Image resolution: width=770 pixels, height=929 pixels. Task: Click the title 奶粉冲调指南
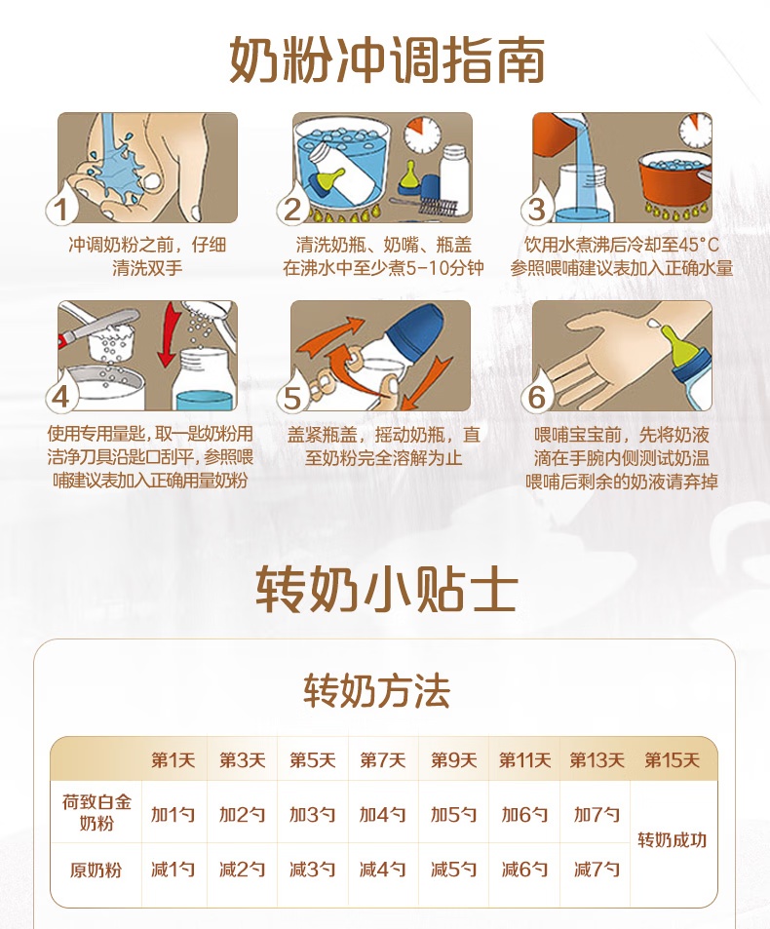point(387,59)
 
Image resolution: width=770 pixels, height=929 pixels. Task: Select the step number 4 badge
point(61,394)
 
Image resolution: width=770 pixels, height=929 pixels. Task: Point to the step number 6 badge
point(537,394)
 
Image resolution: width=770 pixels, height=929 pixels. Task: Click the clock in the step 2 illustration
point(423,134)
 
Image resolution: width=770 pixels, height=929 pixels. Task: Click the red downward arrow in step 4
point(169,334)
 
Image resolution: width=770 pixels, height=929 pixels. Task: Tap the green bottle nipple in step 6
point(677,344)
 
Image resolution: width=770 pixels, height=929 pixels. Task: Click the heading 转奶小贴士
point(387,590)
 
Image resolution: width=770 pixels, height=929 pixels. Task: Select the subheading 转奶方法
point(376,690)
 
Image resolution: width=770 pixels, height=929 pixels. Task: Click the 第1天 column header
point(173,760)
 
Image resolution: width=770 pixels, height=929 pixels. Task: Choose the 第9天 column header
point(453,760)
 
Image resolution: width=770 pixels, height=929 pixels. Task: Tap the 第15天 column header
point(673,760)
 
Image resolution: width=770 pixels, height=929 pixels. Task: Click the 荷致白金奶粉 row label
point(96,812)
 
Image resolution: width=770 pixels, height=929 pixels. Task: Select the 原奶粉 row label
point(96,870)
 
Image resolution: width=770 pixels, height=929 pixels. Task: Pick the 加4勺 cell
point(383,815)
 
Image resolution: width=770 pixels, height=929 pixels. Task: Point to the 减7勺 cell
point(597,870)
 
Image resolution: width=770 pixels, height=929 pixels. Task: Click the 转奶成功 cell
point(673,840)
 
